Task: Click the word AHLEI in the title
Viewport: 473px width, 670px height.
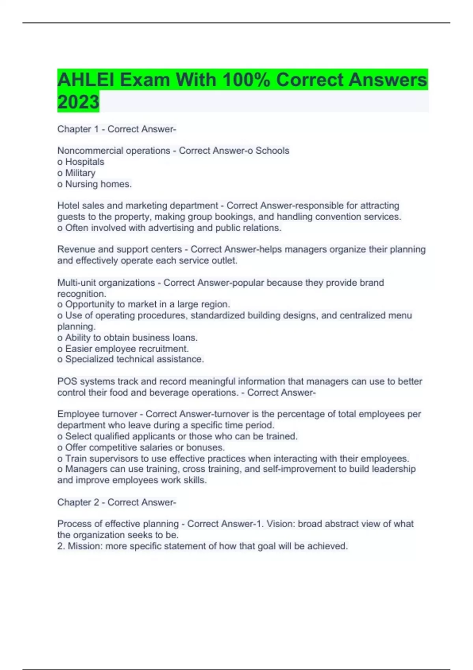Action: tap(86, 80)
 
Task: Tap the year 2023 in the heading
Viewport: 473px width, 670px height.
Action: tap(78, 102)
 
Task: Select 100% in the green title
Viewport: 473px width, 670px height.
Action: tap(246, 80)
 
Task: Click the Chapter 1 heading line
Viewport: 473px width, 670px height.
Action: tap(117, 129)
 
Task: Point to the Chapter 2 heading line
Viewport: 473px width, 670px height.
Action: tap(117, 502)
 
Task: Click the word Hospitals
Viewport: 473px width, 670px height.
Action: tap(85, 162)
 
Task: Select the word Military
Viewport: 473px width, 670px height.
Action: tap(80, 173)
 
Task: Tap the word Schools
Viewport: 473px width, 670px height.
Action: tap(272, 151)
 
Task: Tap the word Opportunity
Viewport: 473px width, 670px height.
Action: tap(89, 304)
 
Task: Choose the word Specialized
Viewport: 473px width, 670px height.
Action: tap(89, 359)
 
